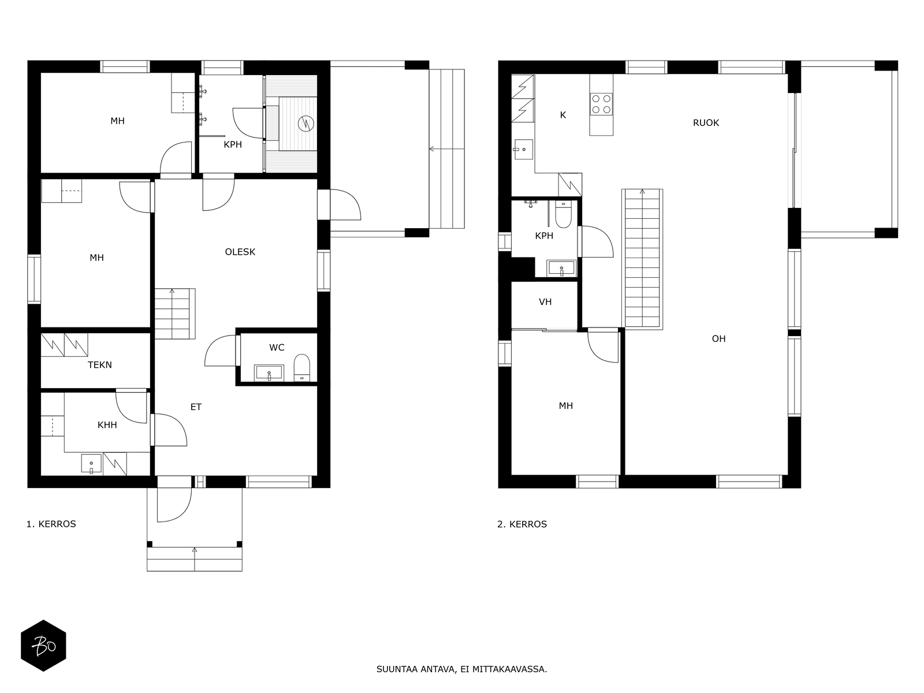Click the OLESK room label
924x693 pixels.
240,252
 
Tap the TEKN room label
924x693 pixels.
100,365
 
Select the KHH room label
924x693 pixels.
107,425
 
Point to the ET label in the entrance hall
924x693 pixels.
196,407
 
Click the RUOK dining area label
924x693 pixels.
706,123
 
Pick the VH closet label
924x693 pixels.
545,301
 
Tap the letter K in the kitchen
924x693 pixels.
563,115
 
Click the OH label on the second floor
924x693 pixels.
718,339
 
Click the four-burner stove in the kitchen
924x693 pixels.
601,104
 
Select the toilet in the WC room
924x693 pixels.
301,367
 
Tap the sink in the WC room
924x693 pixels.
269,373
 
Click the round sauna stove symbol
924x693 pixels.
305,123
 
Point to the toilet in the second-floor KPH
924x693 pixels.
563,215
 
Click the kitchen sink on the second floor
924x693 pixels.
523,150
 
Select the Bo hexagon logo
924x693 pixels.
43,646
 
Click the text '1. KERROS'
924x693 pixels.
51,524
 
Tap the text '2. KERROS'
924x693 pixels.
522,524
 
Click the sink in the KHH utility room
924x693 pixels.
91,463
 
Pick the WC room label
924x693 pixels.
277,348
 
